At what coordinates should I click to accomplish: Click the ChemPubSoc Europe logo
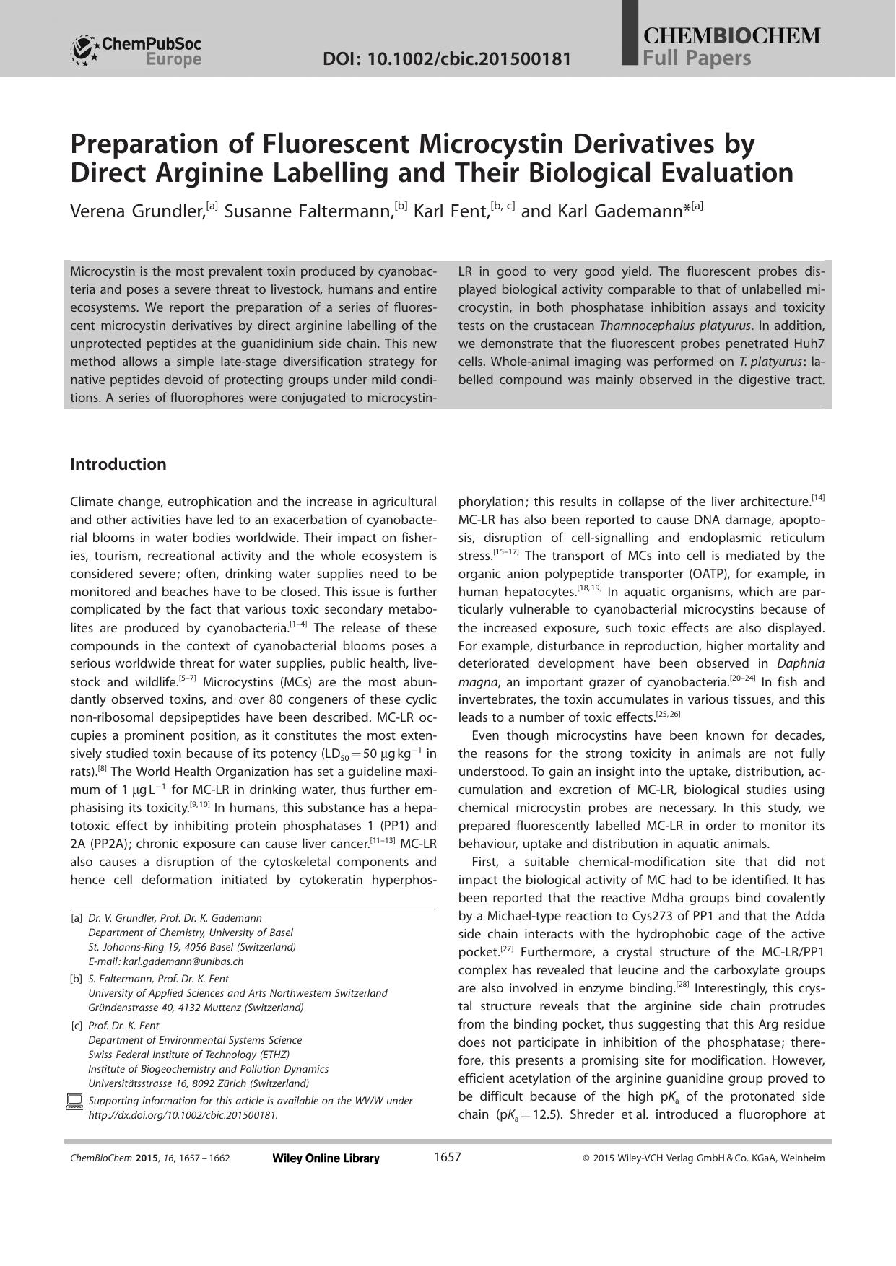[x=136, y=51]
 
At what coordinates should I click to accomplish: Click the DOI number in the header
[x=448, y=58]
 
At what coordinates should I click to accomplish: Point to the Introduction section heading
[x=118, y=464]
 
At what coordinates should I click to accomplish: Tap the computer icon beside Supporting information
[x=74, y=1101]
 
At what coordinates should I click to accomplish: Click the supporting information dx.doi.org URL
[x=183, y=1115]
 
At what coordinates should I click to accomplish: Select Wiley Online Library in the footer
[x=326, y=1158]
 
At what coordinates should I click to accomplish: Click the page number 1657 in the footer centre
[x=447, y=1157]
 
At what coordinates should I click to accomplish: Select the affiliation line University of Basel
[x=191, y=933]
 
